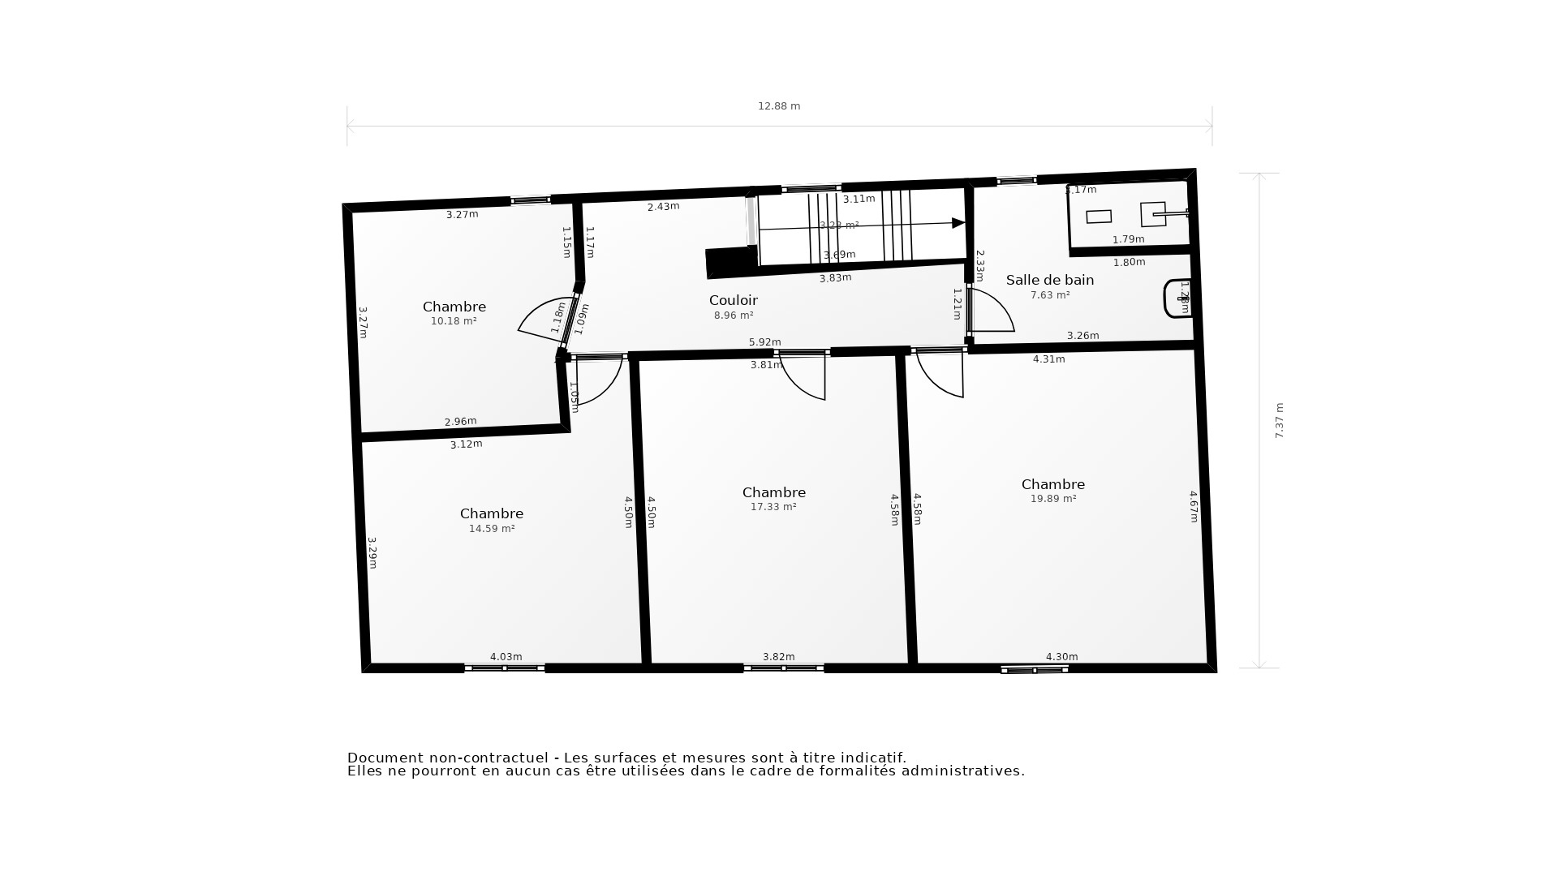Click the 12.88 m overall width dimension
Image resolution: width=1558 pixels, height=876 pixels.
(x=779, y=106)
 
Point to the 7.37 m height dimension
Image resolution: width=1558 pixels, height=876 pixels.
(x=1280, y=420)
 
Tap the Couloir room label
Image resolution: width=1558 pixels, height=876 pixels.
(x=733, y=300)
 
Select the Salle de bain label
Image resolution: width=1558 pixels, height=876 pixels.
(x=1050, y=280)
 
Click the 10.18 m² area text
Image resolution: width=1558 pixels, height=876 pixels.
(x=454, y=321)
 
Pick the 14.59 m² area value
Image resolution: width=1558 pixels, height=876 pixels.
(x=492, y=529)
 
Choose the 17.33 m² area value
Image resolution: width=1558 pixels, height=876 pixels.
(x=773, y=507)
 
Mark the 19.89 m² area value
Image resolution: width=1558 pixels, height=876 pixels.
(x=1053, y=499)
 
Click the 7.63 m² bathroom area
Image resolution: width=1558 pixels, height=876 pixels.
(x=1050, y=295)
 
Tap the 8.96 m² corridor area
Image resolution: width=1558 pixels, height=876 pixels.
(x=734, y=316)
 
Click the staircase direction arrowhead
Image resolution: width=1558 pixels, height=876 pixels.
(x=958, y=223)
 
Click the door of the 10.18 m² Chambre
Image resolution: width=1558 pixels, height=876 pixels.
(x=542, y=320)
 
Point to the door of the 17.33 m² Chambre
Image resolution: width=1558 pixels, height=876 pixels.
(x=803, y=378)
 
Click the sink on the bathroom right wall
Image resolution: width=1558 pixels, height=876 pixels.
(x=1177, y=298)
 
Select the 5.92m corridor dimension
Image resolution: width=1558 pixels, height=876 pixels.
(x=764, y=342)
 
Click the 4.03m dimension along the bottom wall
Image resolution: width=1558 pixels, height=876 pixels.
(x=506, y=657)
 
